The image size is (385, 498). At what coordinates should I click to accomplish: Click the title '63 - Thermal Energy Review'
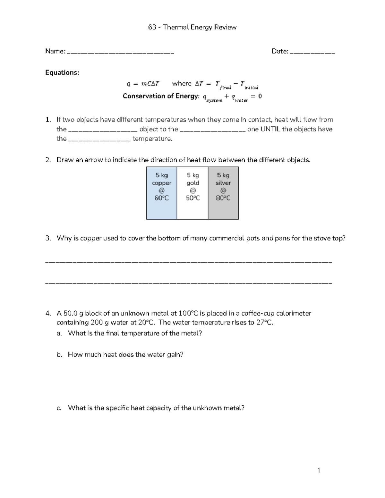tap(192, 27)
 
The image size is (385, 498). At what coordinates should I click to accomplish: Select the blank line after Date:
tap(312, 52)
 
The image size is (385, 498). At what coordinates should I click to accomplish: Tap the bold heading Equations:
tap(62, 72)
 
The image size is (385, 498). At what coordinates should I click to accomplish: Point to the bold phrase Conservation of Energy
tap(160, 96)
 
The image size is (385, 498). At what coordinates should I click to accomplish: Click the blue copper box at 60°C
tap(161, 193)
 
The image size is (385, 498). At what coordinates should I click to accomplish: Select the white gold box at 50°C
tap(193, 193)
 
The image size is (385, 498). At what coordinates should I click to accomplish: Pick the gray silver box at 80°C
tap(223, 193)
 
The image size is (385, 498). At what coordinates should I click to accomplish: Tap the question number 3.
tap(48, 238)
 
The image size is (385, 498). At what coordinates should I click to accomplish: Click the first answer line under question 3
tap(189, 262)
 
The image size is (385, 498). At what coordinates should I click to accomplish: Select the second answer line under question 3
tap(189, 283)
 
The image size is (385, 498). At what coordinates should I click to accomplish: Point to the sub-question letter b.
tap(59, 355)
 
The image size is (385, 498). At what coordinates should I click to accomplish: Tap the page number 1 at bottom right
tap(319, 470)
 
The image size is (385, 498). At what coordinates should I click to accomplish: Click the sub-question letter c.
tap(59, 408)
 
